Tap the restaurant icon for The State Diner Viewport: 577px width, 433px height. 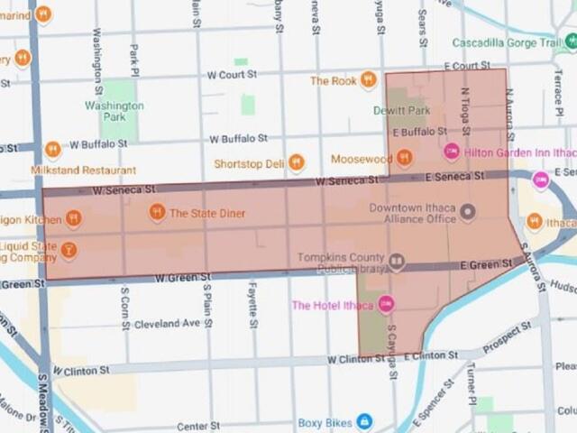point(157,213)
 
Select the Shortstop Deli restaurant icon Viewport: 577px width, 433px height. point(296,163)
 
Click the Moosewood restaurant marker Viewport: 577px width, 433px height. point(404,159)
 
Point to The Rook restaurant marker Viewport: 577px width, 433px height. point(368,80)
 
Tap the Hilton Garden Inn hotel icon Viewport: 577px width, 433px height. point(452,150)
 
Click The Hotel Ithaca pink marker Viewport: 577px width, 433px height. point(386,305)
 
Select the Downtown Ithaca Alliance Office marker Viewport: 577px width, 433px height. point(467,213)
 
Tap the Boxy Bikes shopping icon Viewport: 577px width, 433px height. point(364,421)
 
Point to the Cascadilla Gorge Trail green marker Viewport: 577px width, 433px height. point(570,41)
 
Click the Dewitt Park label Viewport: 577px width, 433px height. point(401,111)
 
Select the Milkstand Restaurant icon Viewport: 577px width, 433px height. point(52,149)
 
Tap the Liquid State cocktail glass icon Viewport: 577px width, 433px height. point(69,250)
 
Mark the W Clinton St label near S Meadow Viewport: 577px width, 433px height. point(81,370)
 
